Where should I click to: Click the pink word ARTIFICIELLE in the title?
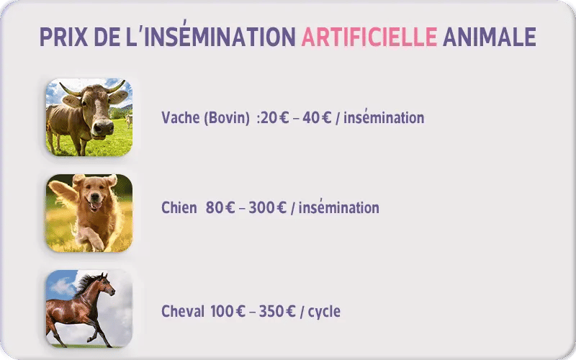coord(369,37)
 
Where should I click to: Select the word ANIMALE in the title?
coord(489,37)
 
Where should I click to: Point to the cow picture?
coord(89,117)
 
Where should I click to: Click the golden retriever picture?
coord(89,213)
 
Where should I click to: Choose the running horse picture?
coord(89,308)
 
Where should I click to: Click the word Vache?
coord(179,117)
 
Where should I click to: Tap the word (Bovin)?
coord(227,117)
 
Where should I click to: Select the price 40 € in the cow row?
coord(317,117)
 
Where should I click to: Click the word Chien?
coord(179,208)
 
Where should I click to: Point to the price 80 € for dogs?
coord(220,208)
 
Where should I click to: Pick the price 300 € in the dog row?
coord(267,208)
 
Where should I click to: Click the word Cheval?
coord(183,312)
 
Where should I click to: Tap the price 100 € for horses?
coord(228,312)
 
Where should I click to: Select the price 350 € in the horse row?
coord(277,312)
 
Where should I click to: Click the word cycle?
coord(324,312)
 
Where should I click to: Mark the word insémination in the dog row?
coord(338,208)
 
